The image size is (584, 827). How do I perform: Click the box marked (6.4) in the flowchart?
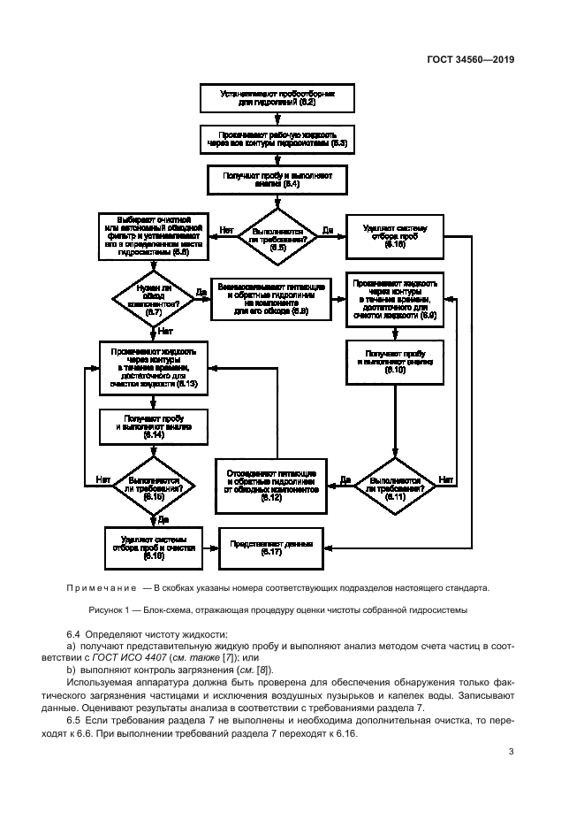pos(277,180)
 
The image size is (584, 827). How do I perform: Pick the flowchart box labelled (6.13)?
pos(153,367)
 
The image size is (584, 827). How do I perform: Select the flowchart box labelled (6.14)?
pos(153,425)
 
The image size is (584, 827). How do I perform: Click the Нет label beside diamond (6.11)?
pos(445,479)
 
